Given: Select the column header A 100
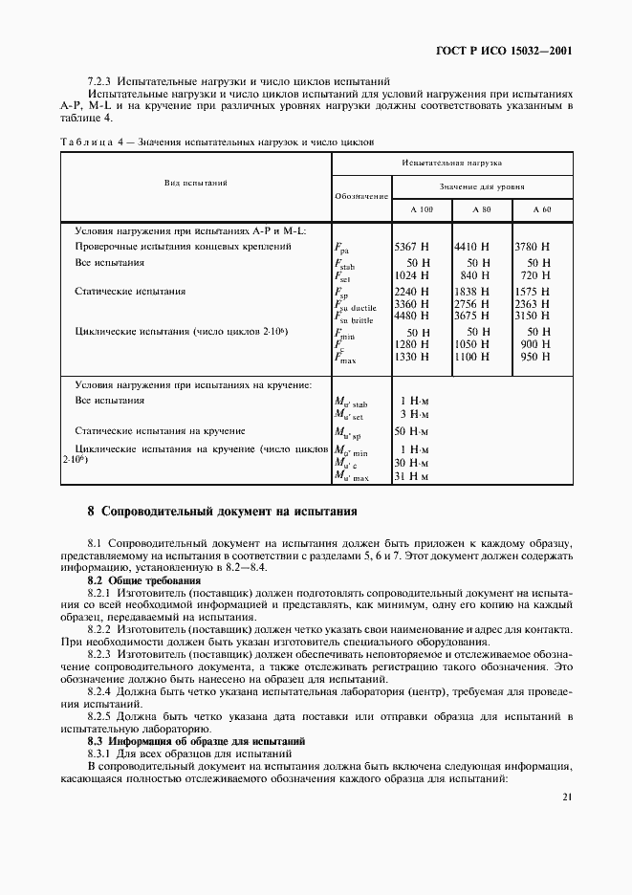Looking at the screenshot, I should click(422, 209).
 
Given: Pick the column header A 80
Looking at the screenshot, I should click(482, 209).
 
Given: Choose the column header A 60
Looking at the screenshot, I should click(542, 209).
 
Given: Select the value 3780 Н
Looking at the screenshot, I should click(533, 246).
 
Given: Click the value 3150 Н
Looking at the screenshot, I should click(533, 317).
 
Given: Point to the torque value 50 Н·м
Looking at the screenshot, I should click(412, 431).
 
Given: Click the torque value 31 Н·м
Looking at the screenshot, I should click(412, 474).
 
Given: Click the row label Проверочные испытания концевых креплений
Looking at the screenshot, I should click(183, 246).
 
